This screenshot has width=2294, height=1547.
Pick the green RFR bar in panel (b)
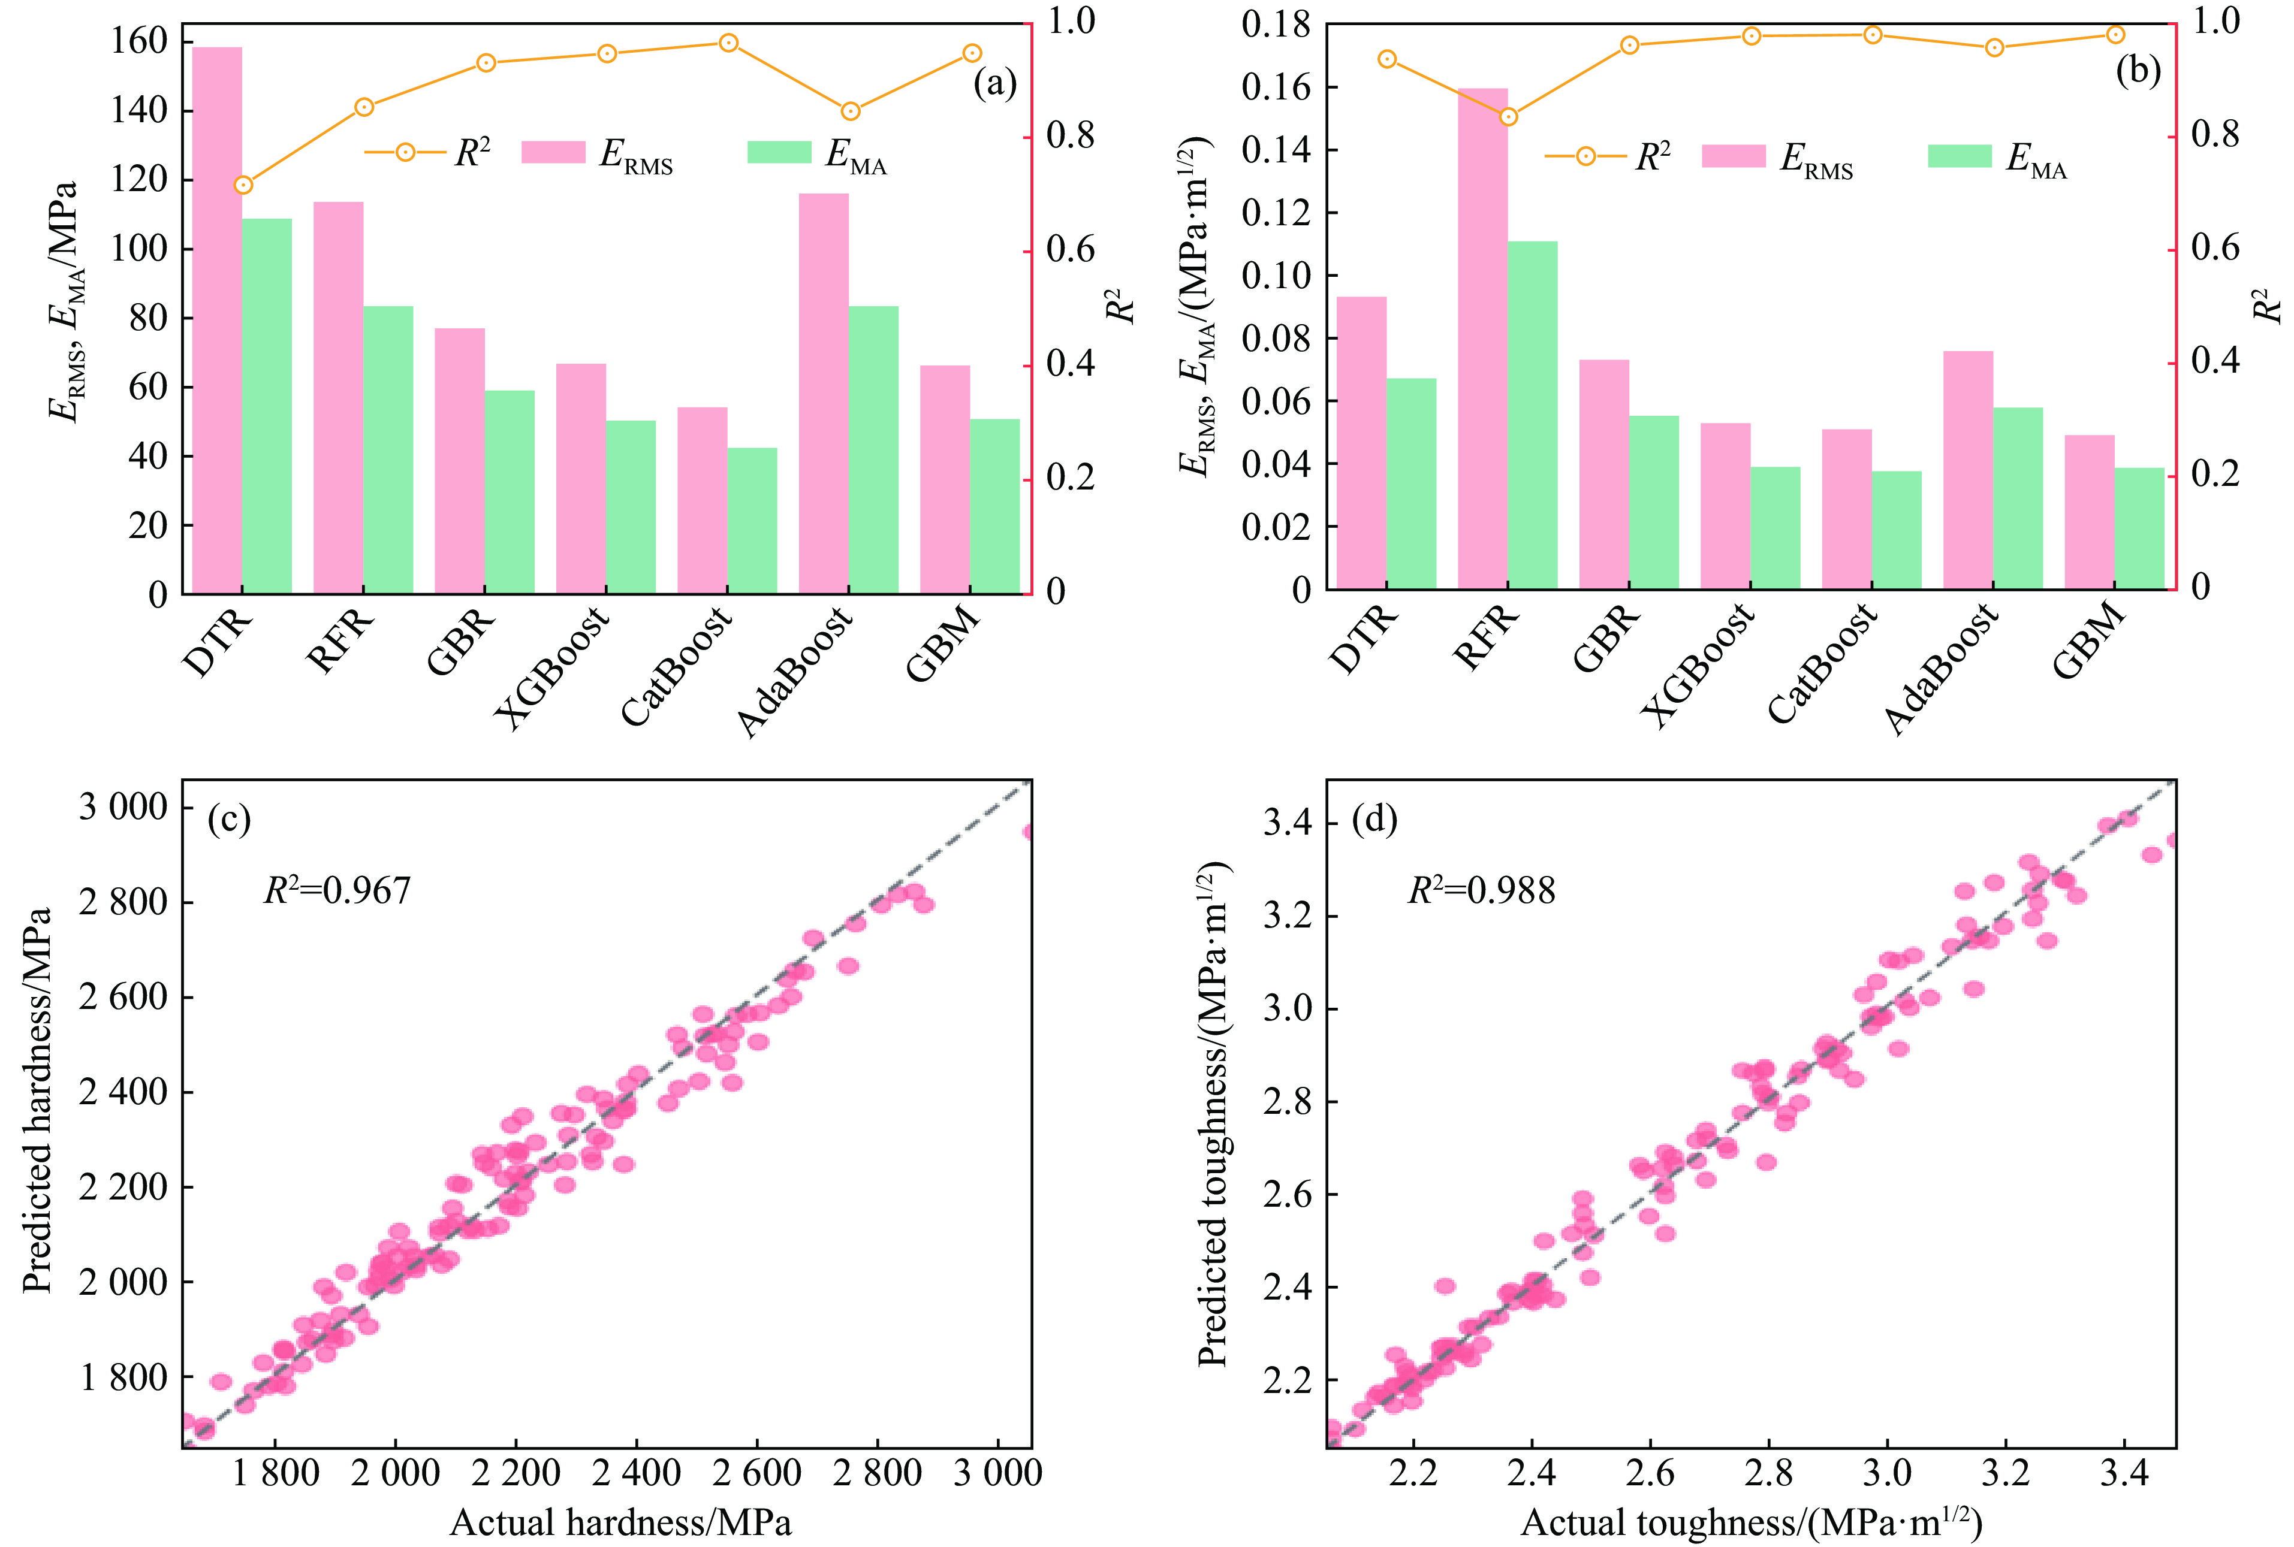pos(1532,415)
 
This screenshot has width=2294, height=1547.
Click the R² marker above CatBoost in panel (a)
pos(728,43)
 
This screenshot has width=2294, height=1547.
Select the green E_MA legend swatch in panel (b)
pos(1960,156)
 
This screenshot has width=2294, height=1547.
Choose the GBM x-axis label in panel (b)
pos(2088,641)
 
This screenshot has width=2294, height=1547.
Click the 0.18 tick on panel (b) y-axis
pos(1276,25)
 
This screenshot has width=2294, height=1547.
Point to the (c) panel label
pos(229,820)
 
